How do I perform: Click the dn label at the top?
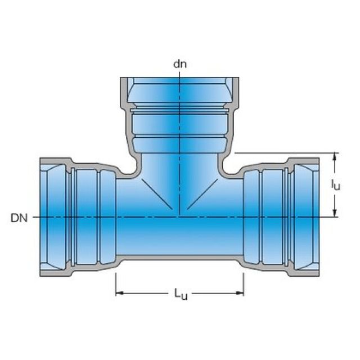click(x=179, y=64)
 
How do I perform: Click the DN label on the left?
click(x=20, y=217)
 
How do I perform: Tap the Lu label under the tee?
click(x=180, y=294)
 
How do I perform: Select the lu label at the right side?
click(x=335, y=184)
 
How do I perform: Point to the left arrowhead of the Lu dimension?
click(x=119, y=293)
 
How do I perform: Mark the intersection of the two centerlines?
click(x=179, y=217)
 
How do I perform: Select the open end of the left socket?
click(x=41, y=217)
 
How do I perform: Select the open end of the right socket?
click(x=318, y=217)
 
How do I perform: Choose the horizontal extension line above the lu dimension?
click(x=281, y=152)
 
